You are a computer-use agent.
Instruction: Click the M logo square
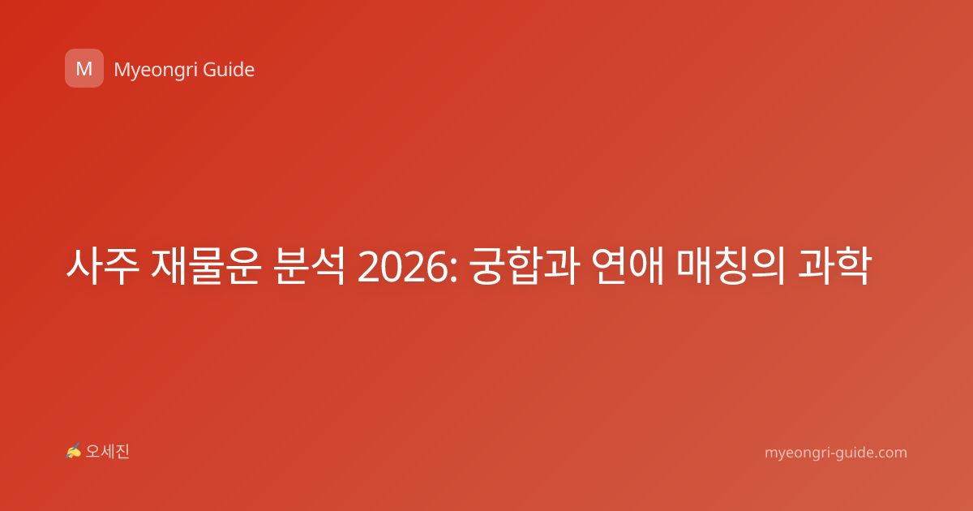(84, 68)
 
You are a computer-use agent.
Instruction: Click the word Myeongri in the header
(154, 71)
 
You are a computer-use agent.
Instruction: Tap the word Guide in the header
(229, 70)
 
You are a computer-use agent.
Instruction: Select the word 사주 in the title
(103, 266)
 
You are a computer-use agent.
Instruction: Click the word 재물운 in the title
(206, 266)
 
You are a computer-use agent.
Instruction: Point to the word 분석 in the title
(309, 266)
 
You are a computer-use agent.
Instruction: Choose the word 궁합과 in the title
(525, 266)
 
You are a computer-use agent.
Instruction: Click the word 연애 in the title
(628, 266)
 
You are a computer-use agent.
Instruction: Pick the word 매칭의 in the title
(731, 266)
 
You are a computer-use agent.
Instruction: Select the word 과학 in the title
(834, 266)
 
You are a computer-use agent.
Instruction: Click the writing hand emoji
(73, 451)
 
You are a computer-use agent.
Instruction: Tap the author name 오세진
(107, 452)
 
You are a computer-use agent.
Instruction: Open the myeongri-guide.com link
(836, 453)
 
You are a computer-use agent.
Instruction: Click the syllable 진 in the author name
(122, 452)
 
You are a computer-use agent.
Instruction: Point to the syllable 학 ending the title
(854, 266)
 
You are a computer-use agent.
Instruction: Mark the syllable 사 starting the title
(84, 266)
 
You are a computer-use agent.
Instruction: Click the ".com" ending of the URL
(891, 453)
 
